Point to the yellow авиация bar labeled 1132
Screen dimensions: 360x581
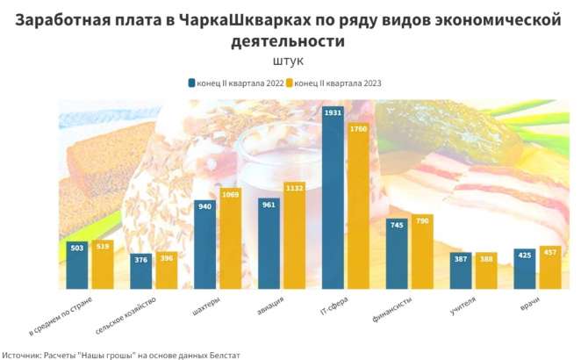pos(294,235)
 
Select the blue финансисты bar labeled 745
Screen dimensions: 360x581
pos(398,254)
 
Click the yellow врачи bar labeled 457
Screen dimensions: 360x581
pos(549,268)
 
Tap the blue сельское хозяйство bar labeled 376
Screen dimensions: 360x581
pos(141,271)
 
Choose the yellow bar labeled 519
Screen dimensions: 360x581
pos(102,265)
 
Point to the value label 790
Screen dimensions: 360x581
pos(422,220)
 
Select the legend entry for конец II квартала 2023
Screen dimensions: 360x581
pos(338,83)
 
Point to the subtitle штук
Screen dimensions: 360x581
pos(289,61)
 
